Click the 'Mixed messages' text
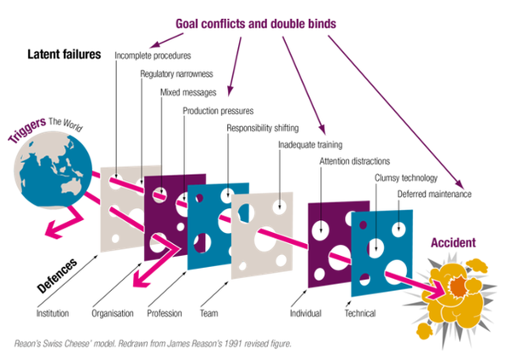[189, 92]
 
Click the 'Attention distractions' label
[355, 161]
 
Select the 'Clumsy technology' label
[405, 178]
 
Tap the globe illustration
[49, 176]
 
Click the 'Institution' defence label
[54, 313]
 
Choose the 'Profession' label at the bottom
[164, 313]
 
